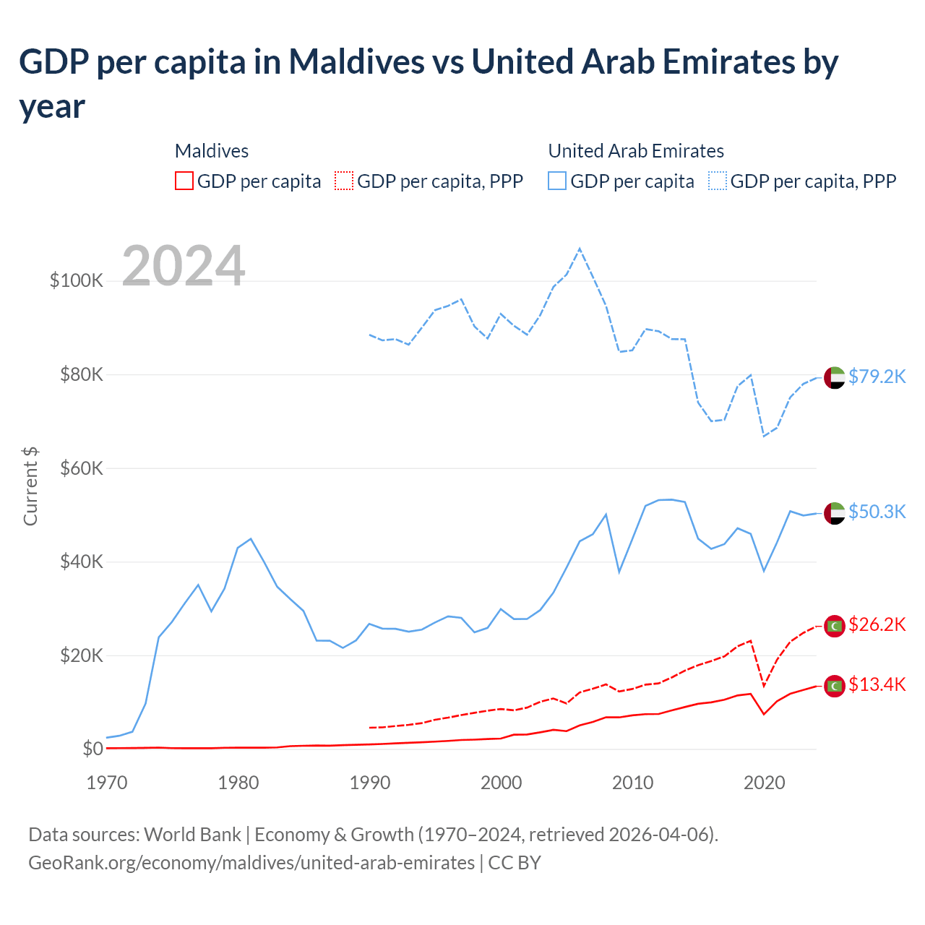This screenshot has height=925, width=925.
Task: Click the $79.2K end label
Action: tap(877, 377)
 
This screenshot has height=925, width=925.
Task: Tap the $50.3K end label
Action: tap(877, 512)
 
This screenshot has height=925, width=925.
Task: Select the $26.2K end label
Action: tap(877, 624)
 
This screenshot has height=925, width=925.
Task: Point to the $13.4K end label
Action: tap(877, 684)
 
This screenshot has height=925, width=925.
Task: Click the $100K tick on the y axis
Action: tap(77, 280)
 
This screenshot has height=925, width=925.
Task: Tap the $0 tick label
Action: tap(92, 749)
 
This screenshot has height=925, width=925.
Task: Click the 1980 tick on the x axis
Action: tap(238, 783)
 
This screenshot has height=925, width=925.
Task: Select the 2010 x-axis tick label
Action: tap(632, 783)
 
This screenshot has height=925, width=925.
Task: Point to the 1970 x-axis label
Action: tap(107, 783)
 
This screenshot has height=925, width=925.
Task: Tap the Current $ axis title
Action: tap(30, 486)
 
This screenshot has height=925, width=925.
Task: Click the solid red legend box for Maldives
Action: tap(184, 181)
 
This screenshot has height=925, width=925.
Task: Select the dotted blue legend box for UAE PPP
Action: tap(718, 181)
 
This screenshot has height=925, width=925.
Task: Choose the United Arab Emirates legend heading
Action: tap(636, 151)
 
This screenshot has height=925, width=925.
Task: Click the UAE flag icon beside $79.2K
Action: tap(835, 377)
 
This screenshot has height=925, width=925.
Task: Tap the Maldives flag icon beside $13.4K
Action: tap(835, 686)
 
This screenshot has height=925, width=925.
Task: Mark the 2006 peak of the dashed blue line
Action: tap(580, 249)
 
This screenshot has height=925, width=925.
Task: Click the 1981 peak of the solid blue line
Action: tap(251, 538)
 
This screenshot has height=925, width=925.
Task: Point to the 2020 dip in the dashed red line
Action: tap(764, 686)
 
